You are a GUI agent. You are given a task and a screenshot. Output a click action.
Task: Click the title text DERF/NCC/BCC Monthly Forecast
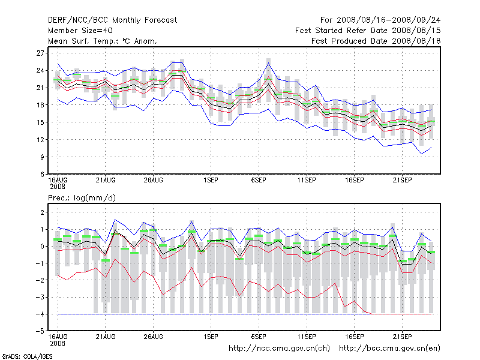pyautogui.click(x=112, y=20)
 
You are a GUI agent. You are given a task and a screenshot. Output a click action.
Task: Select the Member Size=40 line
pyautogui.click(x=80, y=31)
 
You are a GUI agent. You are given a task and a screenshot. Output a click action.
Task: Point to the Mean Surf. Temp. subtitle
pyautogui.click(x=102, y=41)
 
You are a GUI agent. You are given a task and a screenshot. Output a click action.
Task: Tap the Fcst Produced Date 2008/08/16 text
pyautogui.click(x=376, y=41)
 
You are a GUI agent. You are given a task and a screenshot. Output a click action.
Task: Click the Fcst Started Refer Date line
pyautogui.click(x=368, y=31)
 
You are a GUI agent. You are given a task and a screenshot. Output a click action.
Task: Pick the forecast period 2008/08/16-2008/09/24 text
pyautogui.click(x=380, y=20)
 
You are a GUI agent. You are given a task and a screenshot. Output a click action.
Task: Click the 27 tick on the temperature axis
pyautogui.click(x=40, y=53)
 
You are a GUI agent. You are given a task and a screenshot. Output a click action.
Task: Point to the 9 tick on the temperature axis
pyautogui.click(x=43, y=157)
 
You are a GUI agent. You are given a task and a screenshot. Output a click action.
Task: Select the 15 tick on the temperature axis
pyautogui.click(x=40, y=122)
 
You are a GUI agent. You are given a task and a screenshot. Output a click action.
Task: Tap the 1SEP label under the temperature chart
pyautogui.click(x=211, y=181)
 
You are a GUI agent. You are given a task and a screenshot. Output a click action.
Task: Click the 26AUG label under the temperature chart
pyautogui.click(x=154, y=181)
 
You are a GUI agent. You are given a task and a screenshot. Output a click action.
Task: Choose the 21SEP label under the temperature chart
pyautogui.click(x=402, y=181)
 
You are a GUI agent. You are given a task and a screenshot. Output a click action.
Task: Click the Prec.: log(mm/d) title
pyautogui.click(x=82, y=198)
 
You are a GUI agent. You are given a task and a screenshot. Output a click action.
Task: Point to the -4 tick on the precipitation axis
pyautogui.click(x=40, y=314)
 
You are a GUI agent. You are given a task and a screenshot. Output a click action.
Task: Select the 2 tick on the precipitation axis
pyautogui.click(x=43, y=212)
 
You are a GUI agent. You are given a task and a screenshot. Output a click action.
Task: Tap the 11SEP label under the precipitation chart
pyautogui.click(x=307, y=337)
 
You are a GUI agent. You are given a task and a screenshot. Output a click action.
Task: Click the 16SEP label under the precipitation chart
pyautogui.click(x=355, y=337)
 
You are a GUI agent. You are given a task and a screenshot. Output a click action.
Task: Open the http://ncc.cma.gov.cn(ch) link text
pyautogui.click(x=279, y=349)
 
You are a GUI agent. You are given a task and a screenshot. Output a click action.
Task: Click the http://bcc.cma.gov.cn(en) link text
pyautogui.click(x=389, y=349)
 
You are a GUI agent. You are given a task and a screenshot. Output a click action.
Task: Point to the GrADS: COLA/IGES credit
pyautogui.click(x=27, y=356)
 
